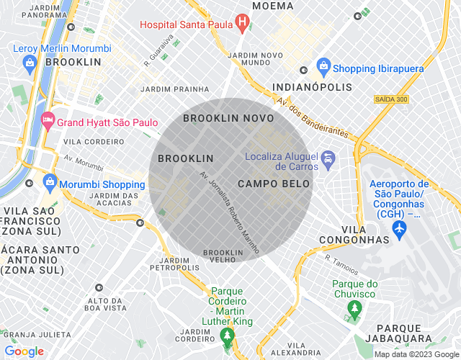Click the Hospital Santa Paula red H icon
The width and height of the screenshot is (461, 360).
[x=243, y=24]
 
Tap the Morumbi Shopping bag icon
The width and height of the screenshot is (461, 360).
[x=50, y=180]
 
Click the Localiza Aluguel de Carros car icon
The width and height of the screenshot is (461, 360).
[x=328, y=157]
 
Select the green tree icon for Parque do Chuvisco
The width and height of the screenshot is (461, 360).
[x=354, y=310]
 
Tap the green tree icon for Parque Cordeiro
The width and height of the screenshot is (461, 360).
[x=228, y=335]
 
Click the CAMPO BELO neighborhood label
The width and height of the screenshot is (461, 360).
[x=274, y=184]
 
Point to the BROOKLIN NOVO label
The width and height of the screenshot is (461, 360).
[x=228, y=118]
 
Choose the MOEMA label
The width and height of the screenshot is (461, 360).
[x=273, y=6]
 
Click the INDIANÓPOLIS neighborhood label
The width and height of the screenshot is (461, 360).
[x=313, y=87]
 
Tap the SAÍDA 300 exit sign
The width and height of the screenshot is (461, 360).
[x=391, y=99]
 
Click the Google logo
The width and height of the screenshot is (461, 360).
[x=24, y=351]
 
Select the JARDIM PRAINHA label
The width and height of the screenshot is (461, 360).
[x=175, y=89]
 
